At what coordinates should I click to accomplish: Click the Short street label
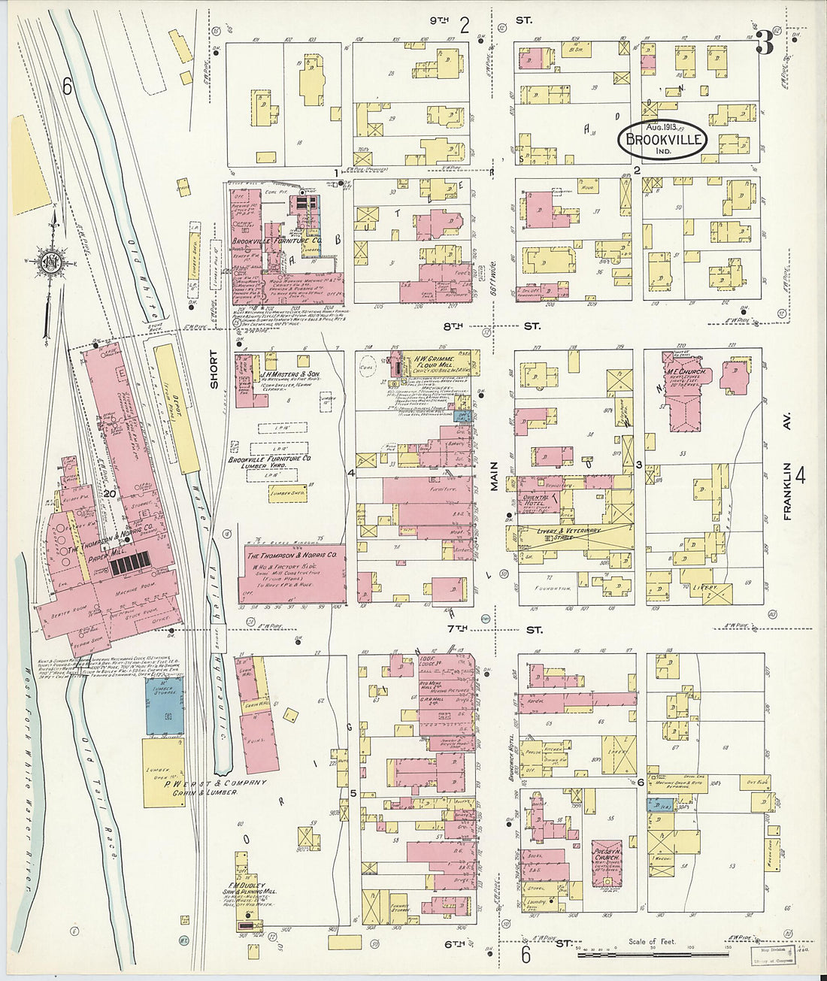tap(214, 370)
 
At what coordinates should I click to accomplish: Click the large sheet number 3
tap(765, 45)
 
